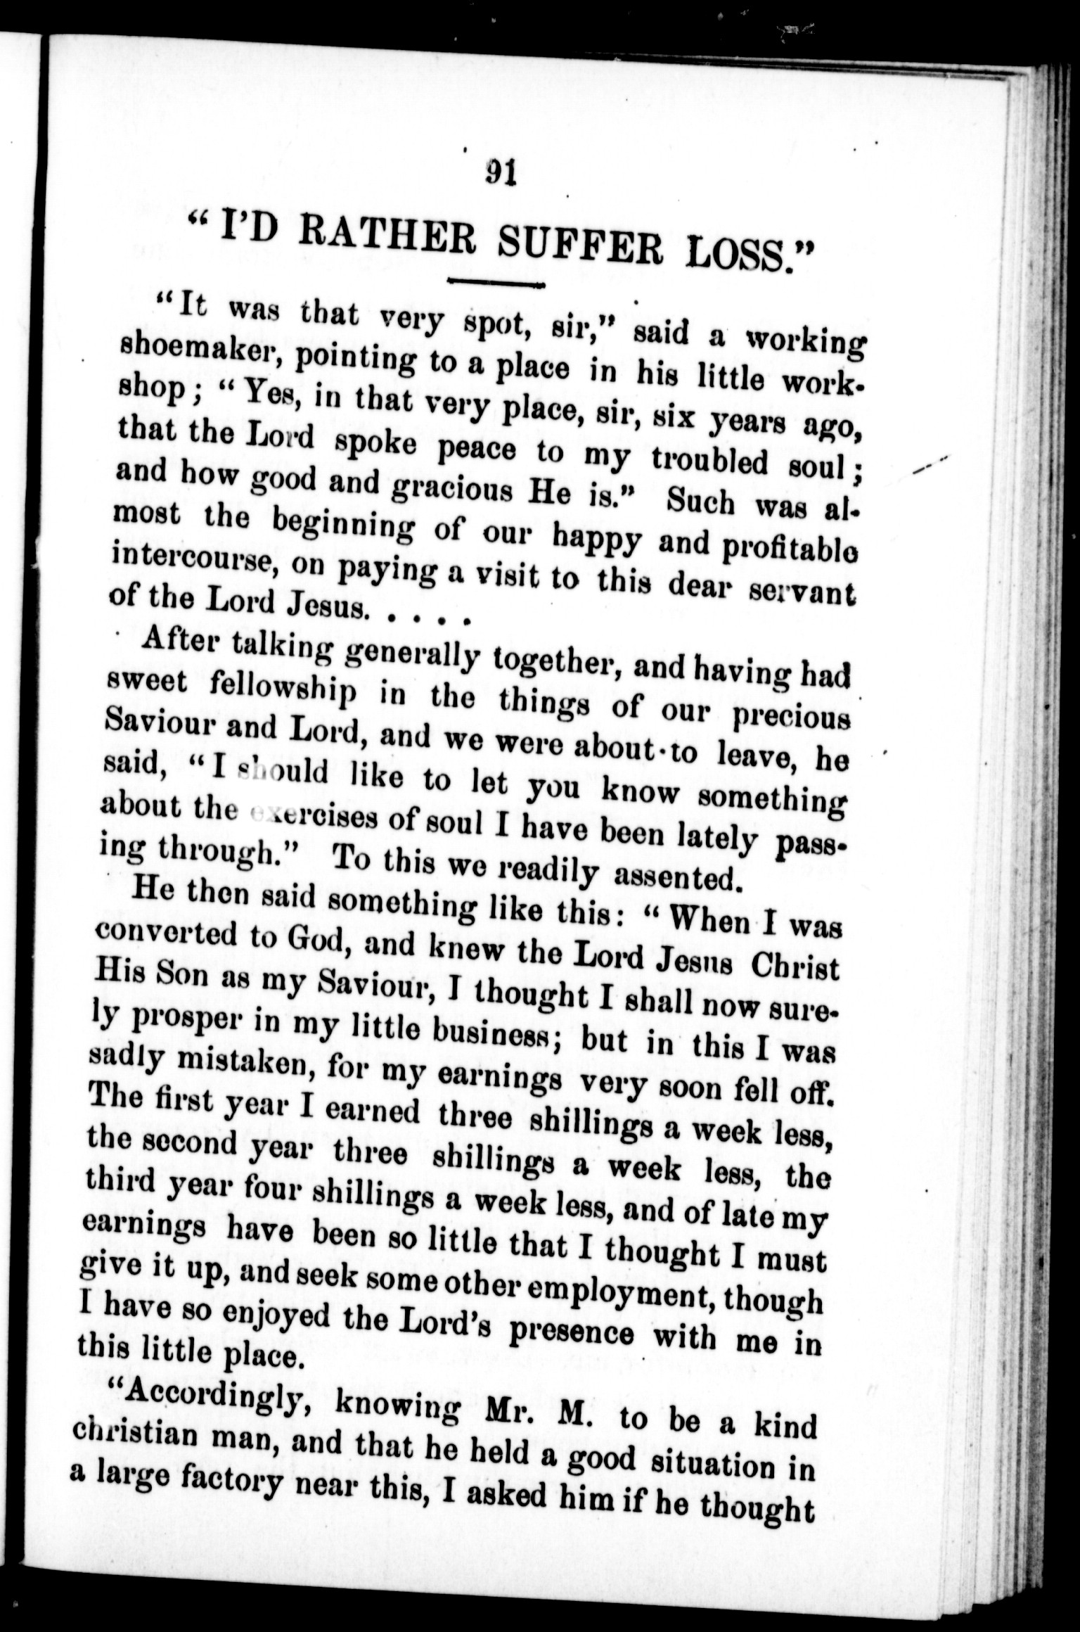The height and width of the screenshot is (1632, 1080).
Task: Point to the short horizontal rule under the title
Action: (497, 283)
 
